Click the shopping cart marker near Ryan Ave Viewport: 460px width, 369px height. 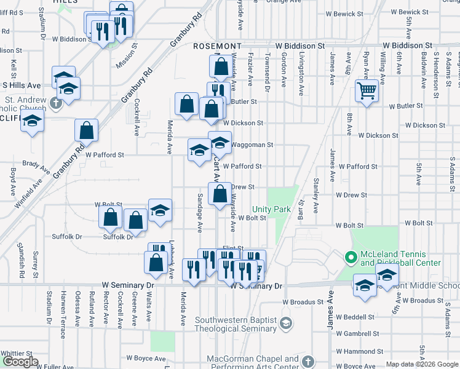(x=367, y=91)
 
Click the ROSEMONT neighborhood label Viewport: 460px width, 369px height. (x=217, y=46)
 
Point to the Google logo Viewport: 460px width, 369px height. (x=20, y=362)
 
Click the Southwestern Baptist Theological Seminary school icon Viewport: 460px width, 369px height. (x=285, y=323)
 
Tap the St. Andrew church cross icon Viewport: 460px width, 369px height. (x=56, y=103)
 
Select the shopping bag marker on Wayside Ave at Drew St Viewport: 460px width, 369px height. (x=220, y=194)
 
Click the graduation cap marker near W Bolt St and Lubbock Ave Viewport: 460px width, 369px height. (x=160, y=210)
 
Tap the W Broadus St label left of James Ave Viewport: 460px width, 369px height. (x=303, y=302)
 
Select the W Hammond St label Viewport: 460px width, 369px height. (x=355, y=351)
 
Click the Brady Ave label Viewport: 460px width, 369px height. (x=36, y=165)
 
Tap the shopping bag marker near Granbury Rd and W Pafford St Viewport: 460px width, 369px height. (x=86, y=130)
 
